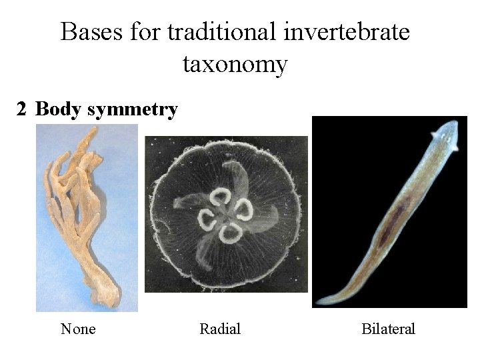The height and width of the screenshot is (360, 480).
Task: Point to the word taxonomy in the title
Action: pyautogui.click(x=235, y=64)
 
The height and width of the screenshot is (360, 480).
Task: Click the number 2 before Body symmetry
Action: pyautogui.click(x=21, y=109)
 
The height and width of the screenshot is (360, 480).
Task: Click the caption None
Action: pyautogui.click(x=78, y=329)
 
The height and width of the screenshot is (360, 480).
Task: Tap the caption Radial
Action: pyautogui.click(x=220, y=329)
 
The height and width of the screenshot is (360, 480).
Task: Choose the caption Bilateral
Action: pyautogui.click(x=388, y=329)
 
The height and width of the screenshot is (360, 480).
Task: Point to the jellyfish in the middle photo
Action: pyautogui.click(x=226, y=213)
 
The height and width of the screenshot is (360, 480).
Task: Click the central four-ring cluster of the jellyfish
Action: pyautogui.click(x=226, y=213)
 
